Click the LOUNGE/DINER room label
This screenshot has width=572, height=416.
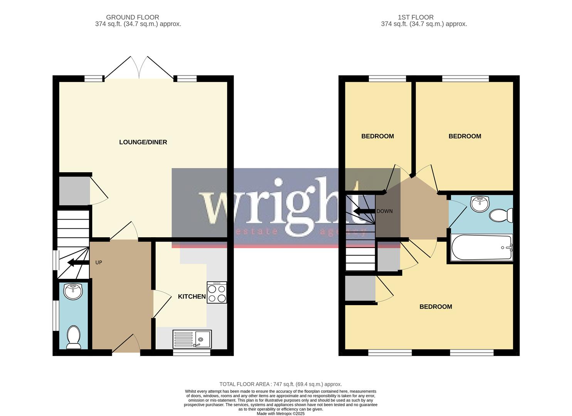coord(143,142)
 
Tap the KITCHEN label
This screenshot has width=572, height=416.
coord(192,297)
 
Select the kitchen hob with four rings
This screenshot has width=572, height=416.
coord(217,293)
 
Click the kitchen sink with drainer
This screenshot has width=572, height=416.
coord(192,339)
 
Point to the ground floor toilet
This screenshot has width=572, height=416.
coord(73,337)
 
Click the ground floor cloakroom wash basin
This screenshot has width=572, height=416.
coord(73,292)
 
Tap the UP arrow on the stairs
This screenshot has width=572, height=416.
coord(76,263)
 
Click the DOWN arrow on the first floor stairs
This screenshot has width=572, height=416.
coord(364,211)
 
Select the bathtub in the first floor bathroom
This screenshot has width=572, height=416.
coord(480,247)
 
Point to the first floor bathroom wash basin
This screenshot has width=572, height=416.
coord(479,204)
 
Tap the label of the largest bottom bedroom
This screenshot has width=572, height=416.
coord(436,307)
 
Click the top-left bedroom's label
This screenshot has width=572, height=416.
coord(377,136)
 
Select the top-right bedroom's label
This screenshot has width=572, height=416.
coord(464,136)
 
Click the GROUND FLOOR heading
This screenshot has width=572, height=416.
coord(132,17)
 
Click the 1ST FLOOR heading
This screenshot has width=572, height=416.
coord(416,17)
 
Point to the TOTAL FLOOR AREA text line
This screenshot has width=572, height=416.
coord(280,384)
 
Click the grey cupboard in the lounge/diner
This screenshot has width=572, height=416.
coord(74,191)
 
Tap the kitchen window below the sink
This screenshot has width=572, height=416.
coord(192,352)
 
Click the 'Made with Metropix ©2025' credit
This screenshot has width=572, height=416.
coord(280,413)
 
